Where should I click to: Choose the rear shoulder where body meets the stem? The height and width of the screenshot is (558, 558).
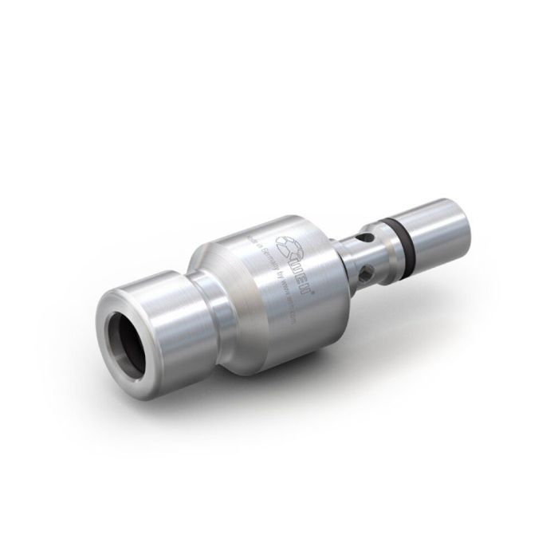(339, 259)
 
